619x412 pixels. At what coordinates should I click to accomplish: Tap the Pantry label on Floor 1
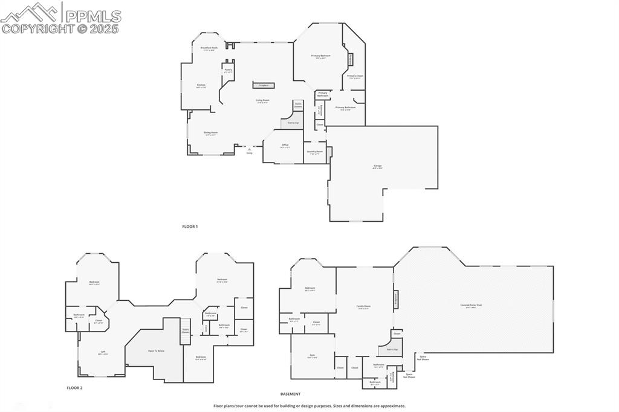pyautogui.click(x=228, y=70)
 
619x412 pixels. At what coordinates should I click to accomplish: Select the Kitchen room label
pyautogui.click(x=201, y=85)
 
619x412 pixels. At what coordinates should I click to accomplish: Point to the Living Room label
pyautogui.click(x=262, y=100)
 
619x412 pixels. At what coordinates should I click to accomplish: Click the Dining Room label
pyautogui.click(x=210, y=132)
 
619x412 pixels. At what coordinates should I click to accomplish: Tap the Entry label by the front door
pyautogui.click(x=249, y=152)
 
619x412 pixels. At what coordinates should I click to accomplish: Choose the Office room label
pyautogui.click(x=285, y=145)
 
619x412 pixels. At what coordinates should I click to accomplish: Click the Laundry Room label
pyautogui.click(x=315, y=152)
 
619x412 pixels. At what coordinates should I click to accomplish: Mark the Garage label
pyautogui.click(x=377, y=166)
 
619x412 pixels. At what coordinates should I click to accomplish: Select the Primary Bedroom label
pyautogui.click(x=321, y=56)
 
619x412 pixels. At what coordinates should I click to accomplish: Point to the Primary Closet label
pyautogui.click(x=355, y=76)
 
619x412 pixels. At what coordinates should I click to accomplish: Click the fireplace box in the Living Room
pyautogui.click(x=264, y=86)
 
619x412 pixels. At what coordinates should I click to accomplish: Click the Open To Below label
pyautogui.click(x=157, y=350)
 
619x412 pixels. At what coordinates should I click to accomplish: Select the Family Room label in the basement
pyautogui.click(x=363, y=306)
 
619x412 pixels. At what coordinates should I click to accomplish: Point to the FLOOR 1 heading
pyautogui.click(x=190, y=227)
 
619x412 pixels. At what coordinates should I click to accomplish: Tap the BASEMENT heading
pyautogui.click(x=290, y=394)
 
